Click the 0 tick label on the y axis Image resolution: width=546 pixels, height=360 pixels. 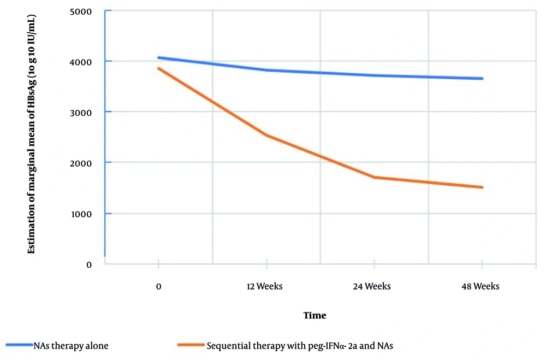click(88, 264)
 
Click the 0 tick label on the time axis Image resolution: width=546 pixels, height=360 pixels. click(158, 286)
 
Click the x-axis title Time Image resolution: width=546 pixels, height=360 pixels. click(314, 315)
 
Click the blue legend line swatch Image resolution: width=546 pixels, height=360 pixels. click(19, 345)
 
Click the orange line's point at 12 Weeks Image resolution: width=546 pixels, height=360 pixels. click(266, 135)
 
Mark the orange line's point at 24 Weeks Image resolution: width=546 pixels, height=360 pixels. click(374, 177)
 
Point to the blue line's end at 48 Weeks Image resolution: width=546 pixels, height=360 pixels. click(482, 79)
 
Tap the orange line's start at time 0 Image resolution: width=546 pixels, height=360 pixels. click(158, 68)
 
